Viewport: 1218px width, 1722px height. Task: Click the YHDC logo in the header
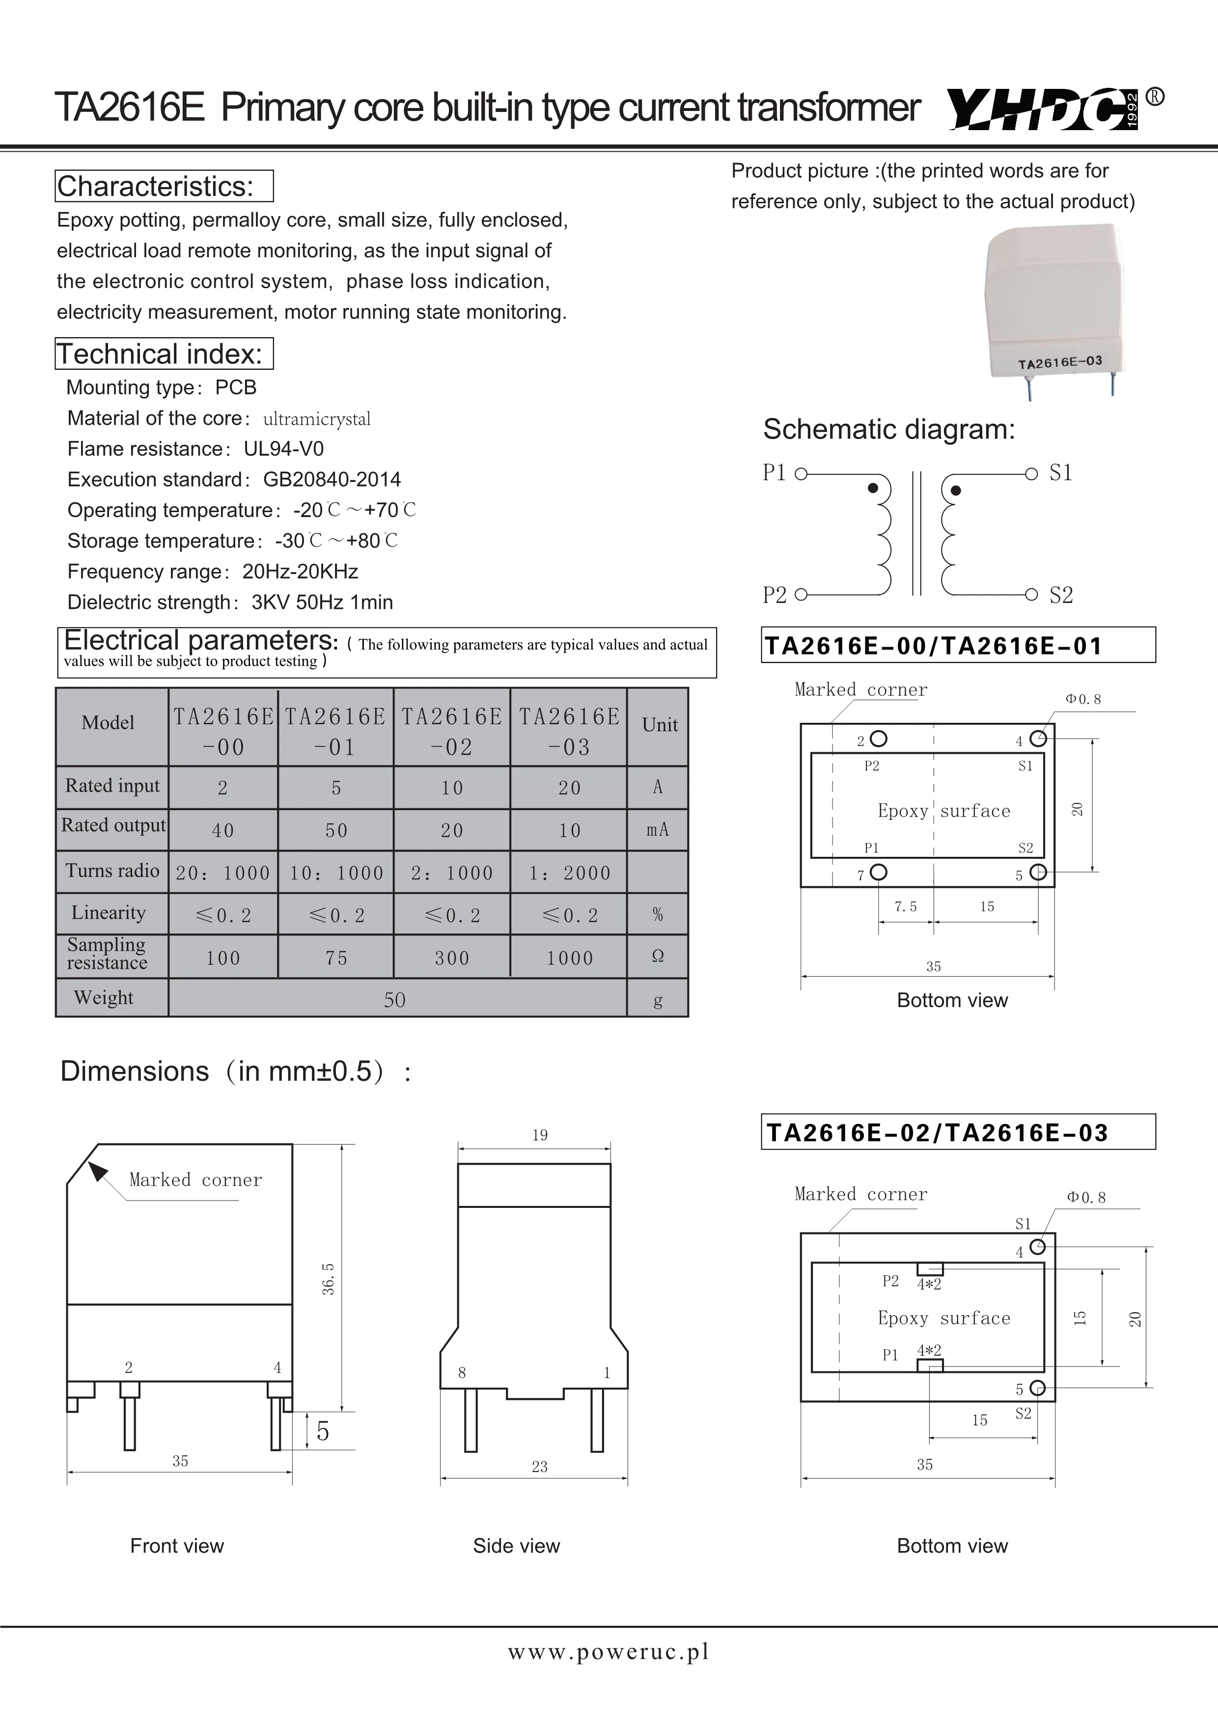(1043, 109)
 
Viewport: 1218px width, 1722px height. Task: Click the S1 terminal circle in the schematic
(1032, 473)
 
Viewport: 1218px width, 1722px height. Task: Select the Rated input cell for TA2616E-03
(569, 788)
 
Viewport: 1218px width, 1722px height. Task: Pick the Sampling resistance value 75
(336, 958)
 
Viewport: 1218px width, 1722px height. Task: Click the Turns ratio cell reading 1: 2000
(569, 873)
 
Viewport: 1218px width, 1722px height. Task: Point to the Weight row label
(104, 997)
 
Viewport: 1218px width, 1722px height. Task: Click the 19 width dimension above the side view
(540, 1135)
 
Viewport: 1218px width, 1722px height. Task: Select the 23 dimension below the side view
(540, 1466)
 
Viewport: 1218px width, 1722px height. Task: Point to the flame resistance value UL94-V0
(283, 448)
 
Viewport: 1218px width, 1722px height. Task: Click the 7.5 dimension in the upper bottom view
(905, 907)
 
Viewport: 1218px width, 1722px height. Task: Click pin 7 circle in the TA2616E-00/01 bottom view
(878, 872)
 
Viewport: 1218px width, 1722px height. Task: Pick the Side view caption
(516, 1546)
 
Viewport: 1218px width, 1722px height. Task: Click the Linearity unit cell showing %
(658, 914)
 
